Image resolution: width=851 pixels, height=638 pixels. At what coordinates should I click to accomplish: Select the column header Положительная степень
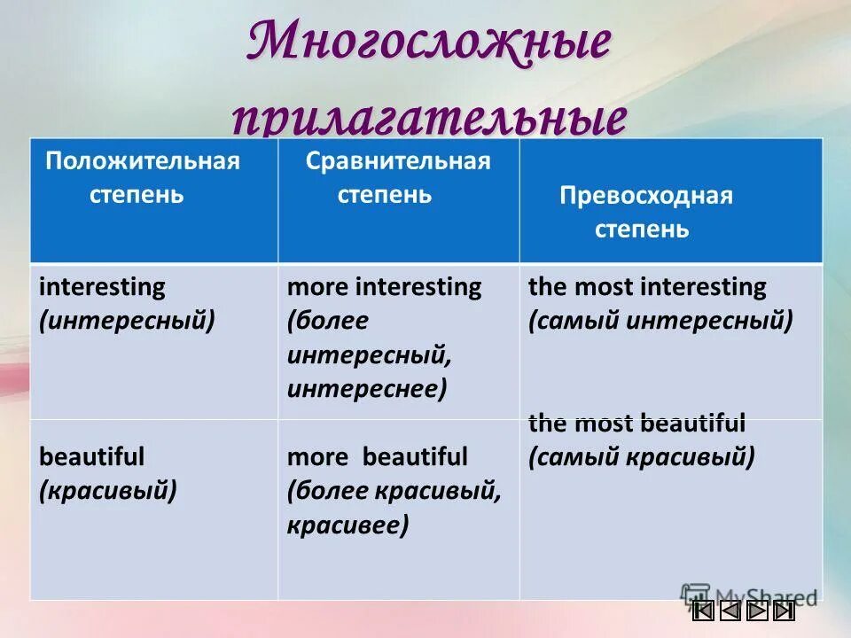point(142,177)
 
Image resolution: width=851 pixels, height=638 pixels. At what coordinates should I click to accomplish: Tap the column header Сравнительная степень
point(397,177)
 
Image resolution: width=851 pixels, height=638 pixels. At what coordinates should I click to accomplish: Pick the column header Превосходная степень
point(645,213)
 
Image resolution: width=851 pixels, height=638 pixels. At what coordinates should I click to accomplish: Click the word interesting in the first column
point(102,287)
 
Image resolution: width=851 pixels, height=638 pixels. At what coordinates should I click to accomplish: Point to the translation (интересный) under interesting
point(127,320)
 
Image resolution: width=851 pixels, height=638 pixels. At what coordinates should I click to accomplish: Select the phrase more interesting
point(384,287)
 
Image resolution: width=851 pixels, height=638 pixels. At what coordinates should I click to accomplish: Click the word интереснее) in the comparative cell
point(366,388)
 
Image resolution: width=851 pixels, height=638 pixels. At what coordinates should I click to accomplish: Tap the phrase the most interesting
point(647,287)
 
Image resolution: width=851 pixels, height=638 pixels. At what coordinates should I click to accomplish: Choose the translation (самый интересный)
point(660,320)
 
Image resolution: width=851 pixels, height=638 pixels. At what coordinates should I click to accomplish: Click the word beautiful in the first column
point(91,457)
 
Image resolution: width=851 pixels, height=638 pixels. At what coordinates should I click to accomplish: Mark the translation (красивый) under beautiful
point(108,490)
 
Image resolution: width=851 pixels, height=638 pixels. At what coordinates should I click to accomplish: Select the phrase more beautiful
point(377,457)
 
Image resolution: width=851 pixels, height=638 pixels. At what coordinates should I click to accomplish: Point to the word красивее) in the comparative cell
point(347,525)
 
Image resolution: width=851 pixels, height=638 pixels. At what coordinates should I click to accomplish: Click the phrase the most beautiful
point(636,424)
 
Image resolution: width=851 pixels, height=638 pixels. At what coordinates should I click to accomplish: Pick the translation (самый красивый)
point(642,457)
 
